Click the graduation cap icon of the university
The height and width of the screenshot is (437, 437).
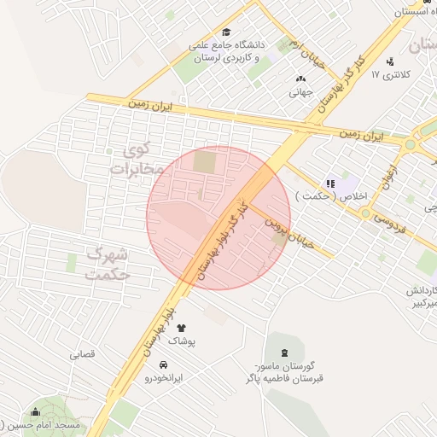[226, 32]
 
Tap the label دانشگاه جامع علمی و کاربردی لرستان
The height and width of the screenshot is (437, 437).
[230, 52]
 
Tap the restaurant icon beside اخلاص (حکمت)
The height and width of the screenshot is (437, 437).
[330, 184]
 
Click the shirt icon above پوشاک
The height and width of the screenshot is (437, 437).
[180, 327]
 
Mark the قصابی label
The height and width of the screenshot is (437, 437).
[82, 353]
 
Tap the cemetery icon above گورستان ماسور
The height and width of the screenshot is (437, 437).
[283, 353]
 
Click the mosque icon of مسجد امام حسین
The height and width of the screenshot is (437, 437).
[35, 412]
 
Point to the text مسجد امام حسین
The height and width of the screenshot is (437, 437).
[50, 424]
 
